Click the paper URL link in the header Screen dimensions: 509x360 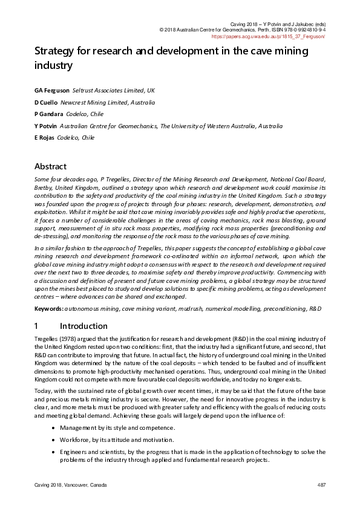269,36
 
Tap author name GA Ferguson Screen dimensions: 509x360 51,91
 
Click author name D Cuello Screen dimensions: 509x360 46,102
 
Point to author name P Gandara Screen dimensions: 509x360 48,114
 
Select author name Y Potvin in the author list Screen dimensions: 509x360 46,126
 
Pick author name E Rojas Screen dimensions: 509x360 44,137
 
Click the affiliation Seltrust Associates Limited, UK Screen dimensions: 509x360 114,91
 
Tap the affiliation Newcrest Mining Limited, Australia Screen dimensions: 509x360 108,102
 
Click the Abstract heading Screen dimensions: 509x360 50,166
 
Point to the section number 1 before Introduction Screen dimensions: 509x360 37,326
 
